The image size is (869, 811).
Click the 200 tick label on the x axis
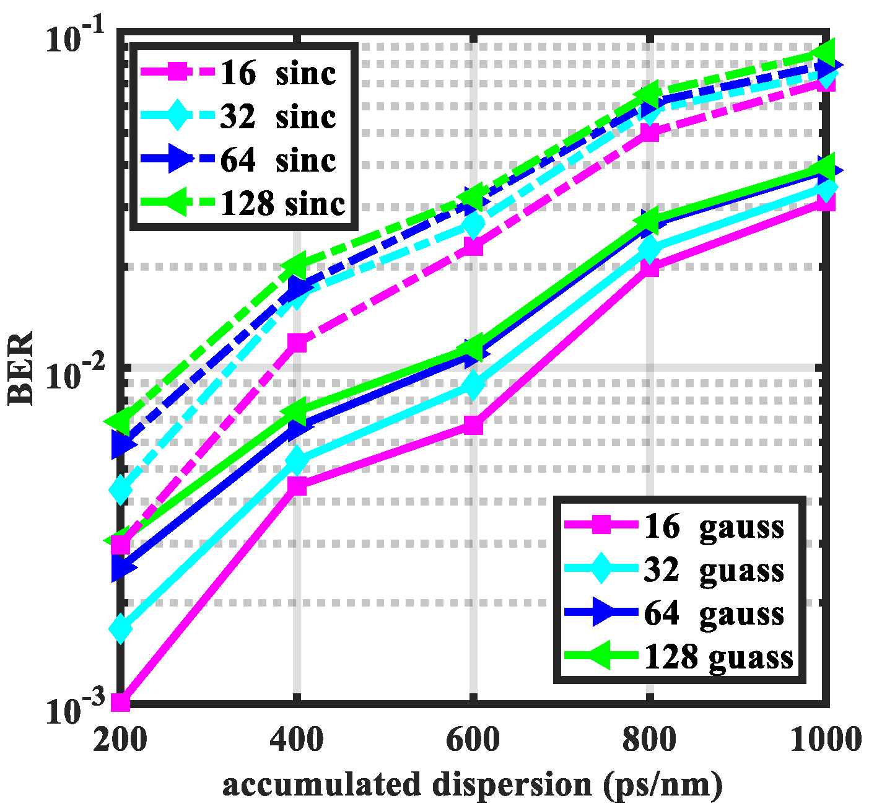pos(120,739)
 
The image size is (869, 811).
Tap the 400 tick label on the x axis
pos(296,739)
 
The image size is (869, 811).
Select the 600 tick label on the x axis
pos(473,739)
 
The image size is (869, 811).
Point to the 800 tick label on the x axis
pos(649,739)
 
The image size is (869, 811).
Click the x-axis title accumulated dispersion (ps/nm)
pos(473,785)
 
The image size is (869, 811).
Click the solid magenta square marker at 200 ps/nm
pos(120,703)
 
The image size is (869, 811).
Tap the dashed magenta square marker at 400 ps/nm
pos(297,343)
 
